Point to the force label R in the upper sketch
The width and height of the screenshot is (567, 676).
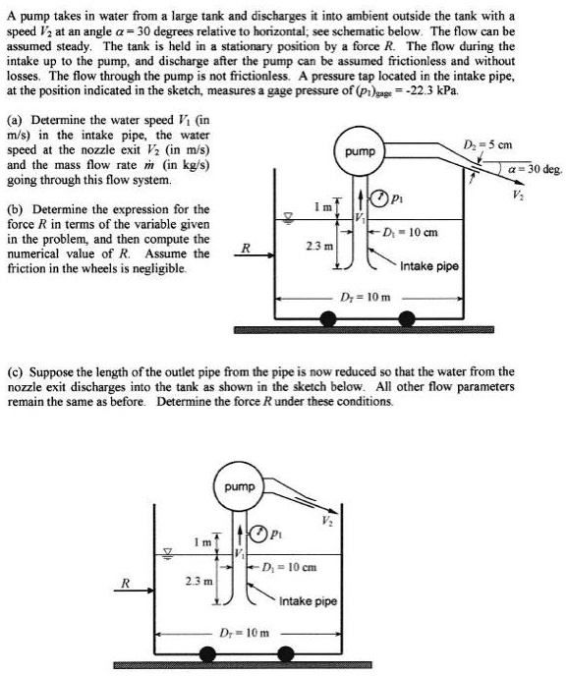tap(247, 249)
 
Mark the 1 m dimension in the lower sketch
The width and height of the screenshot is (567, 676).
tap(198, 543)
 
